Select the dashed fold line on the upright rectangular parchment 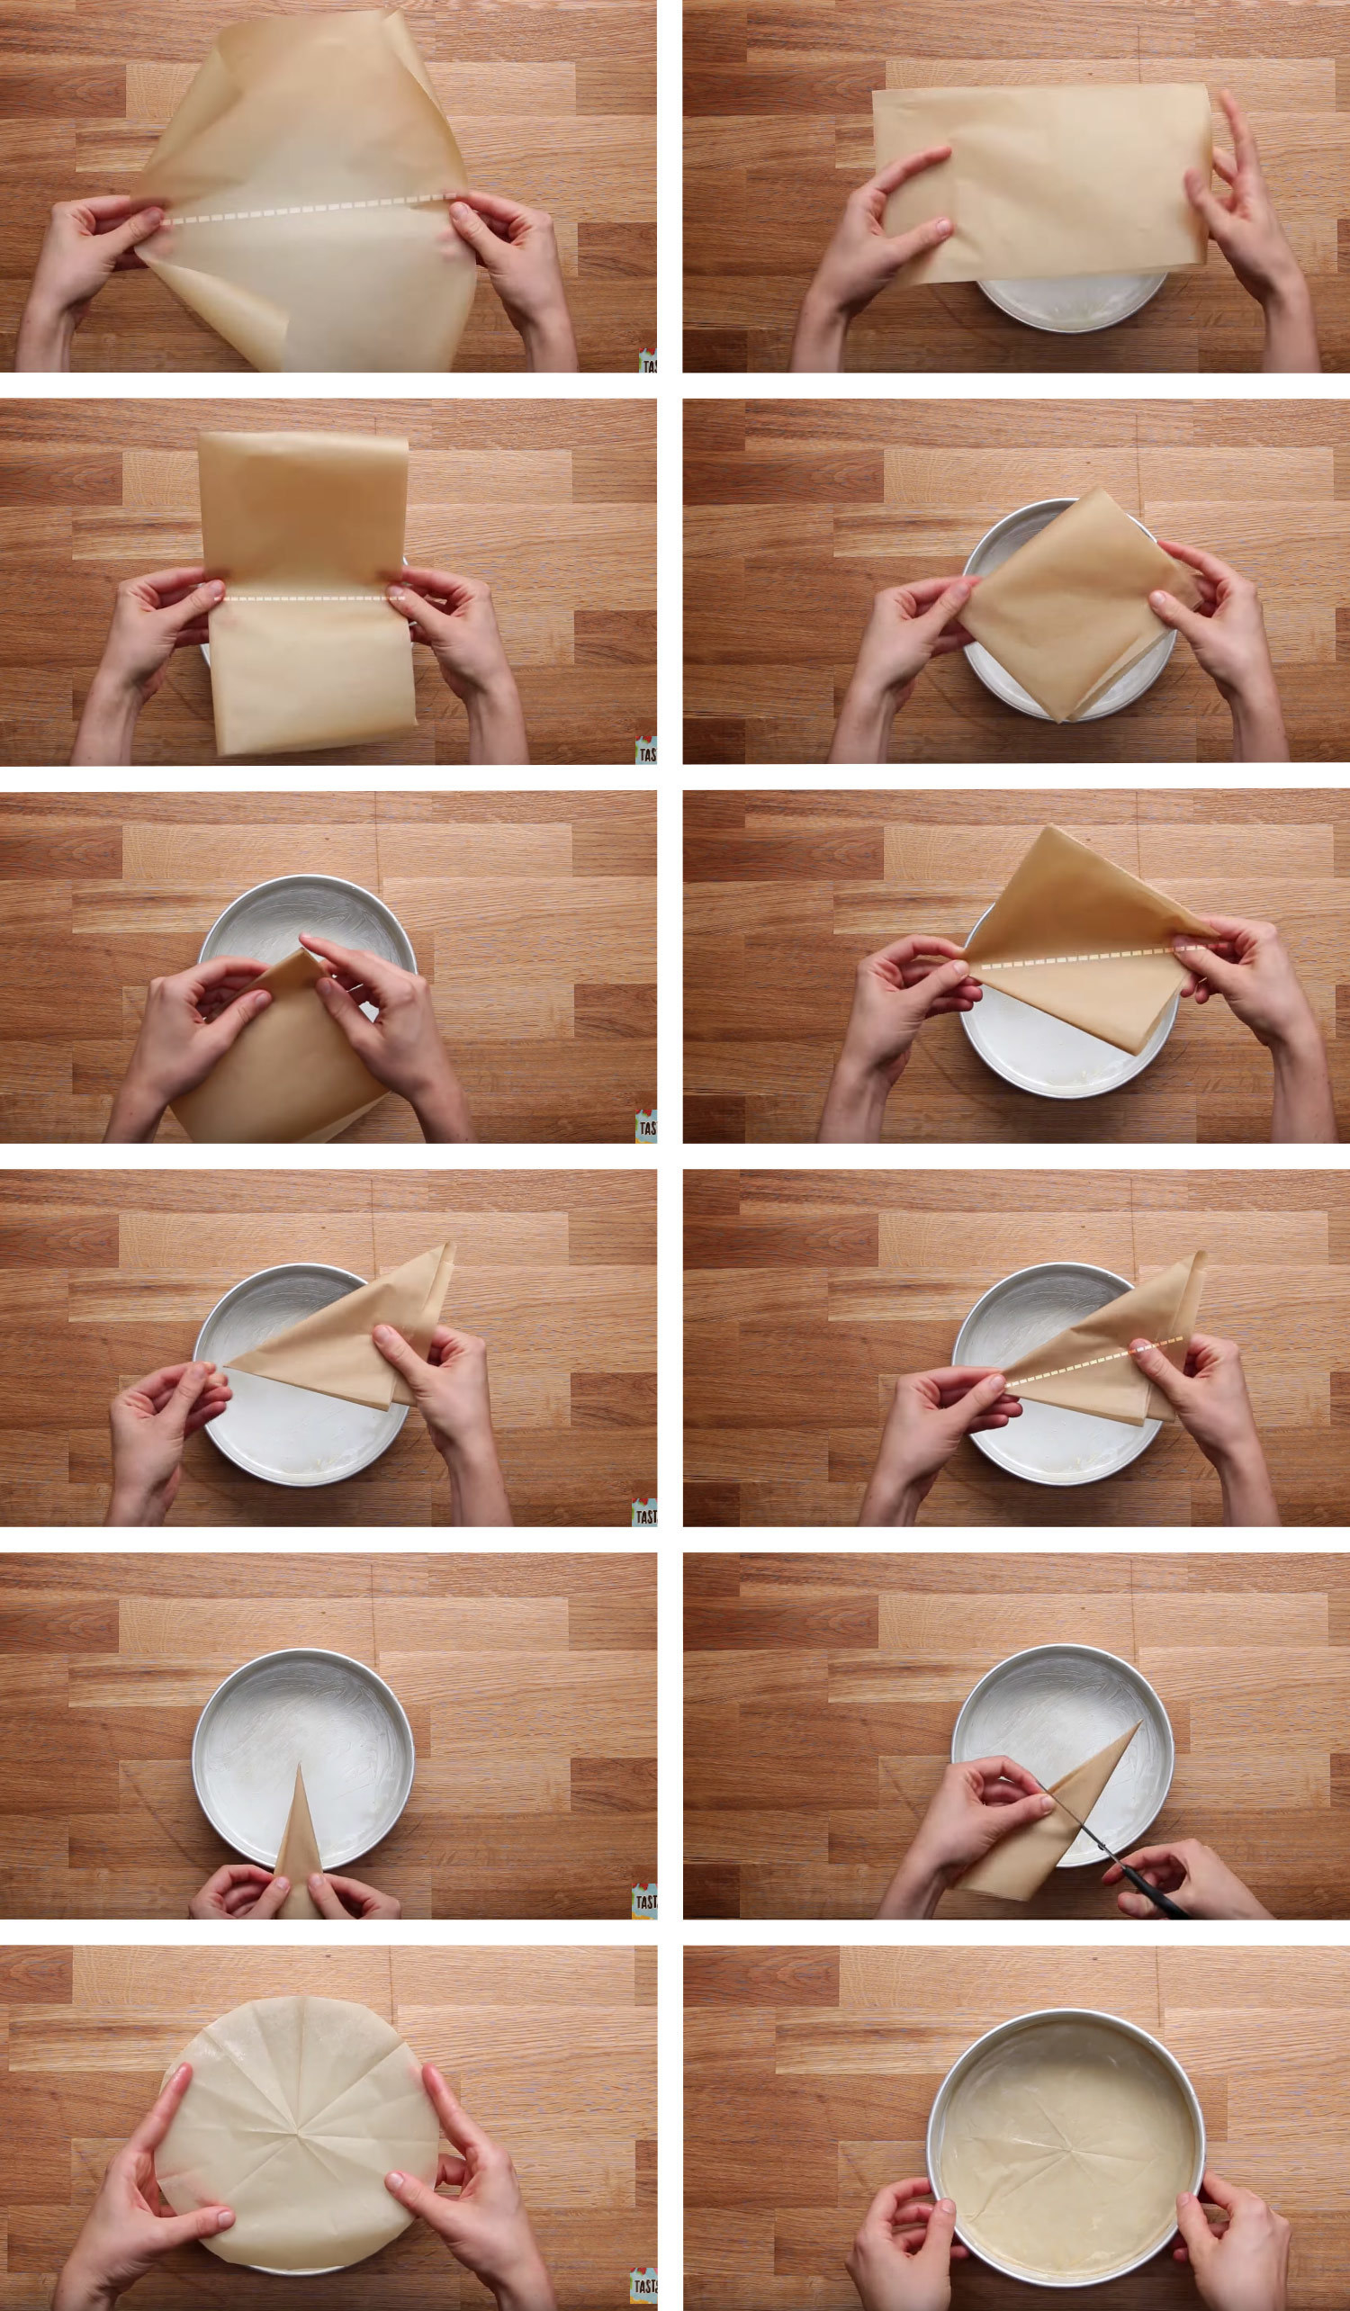pyautogui.click(x=308, y=598)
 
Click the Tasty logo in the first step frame pyautogui.click(x=647, y=360)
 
